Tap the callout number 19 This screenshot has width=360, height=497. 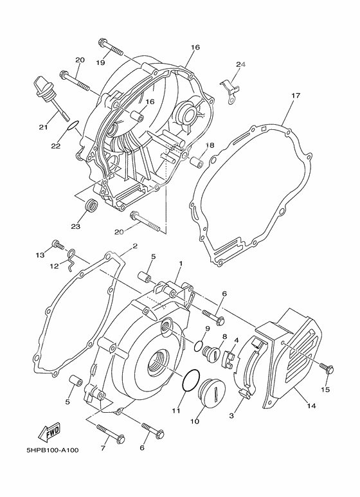101,62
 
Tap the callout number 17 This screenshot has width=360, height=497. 295,96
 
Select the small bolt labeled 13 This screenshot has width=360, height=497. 59,245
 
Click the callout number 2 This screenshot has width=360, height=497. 135,246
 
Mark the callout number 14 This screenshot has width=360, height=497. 312,406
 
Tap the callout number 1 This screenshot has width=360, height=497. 181,264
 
